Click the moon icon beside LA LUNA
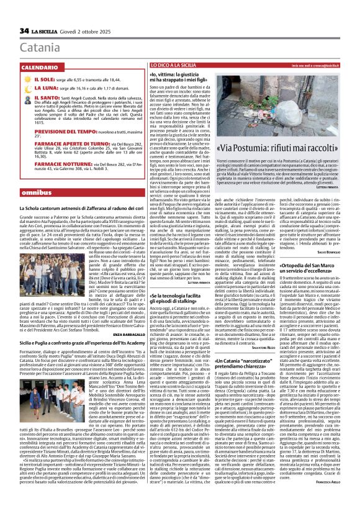tap(26, 89)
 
